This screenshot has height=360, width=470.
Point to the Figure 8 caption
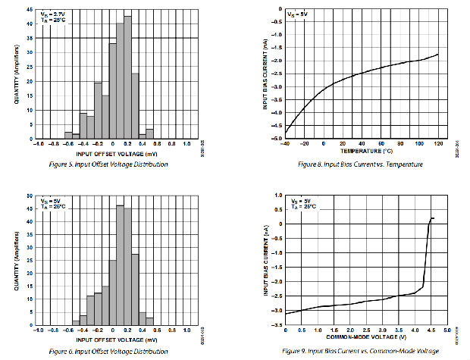[359, 164]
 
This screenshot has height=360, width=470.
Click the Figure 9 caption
[360, 352]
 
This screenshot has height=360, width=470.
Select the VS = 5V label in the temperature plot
[296, 14]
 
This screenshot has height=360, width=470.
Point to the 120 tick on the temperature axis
[438, 144]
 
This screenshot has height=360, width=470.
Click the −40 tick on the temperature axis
[284, 144]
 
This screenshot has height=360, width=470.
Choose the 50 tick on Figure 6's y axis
[28, 196]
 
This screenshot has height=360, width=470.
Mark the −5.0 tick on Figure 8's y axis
[277, 139]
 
